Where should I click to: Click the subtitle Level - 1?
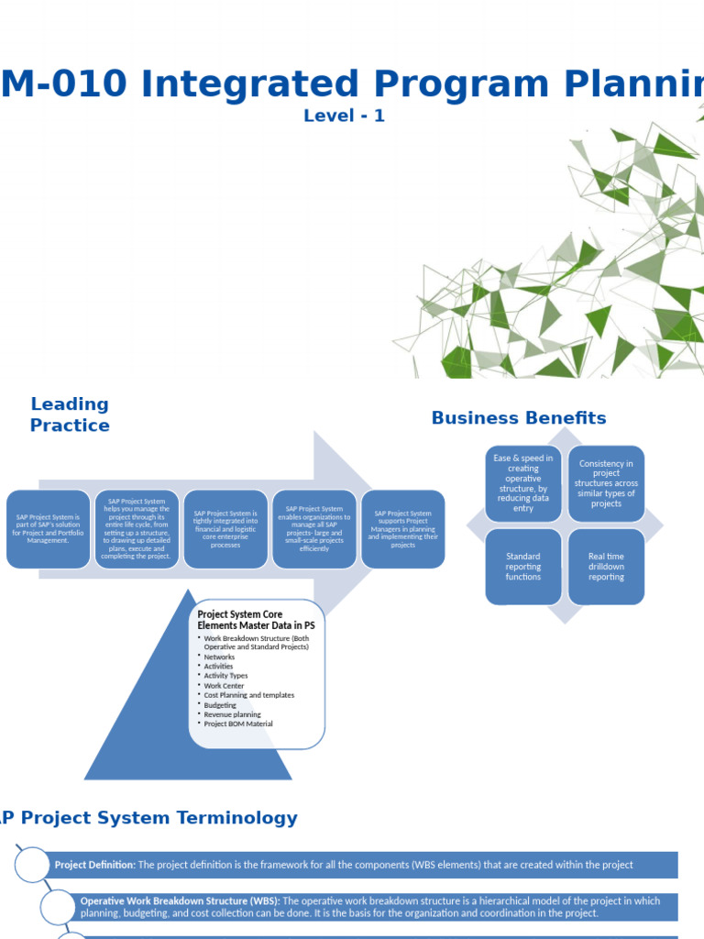pyautogui.click(x=344, y=116)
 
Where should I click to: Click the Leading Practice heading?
pyautogui.click(x=70, y=414)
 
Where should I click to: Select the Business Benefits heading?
pyautogui.click(x=519, y=418)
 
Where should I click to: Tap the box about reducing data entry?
pyautogui.click(x=522, y=483)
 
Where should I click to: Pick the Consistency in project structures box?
pyautogui.click(x=606, y=483)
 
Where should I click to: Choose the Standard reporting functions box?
pyautogui.click(x=522, y=567)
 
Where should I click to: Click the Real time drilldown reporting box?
pyautogui.click(x=606, y=567)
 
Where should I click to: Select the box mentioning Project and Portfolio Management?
pyautogui.click(x=49, y=529)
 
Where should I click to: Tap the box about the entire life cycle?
pyautogui.click(x=137, y=529)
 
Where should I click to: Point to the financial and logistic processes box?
pyautogui.click(x=225, y=529)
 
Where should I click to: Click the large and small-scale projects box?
pyautogui.click(x=314, y=529)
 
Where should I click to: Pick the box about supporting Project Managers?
pyautogui.click(x=403, y=529)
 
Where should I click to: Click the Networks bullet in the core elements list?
pyautogui.click(x=219, y=657)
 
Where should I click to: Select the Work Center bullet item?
pyautogui.click(x=224, y=686)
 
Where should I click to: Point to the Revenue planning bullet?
pyautogui.click(x=232, y=714)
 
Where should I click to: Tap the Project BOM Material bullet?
pyautogui.click(x=237, y=724)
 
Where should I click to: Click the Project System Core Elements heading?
pyautogui.click(x=256, y=620)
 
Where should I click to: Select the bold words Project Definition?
pyautogui.click(x=95, y=865)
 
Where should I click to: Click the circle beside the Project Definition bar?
pyautogui.click(x=32, y=865)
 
